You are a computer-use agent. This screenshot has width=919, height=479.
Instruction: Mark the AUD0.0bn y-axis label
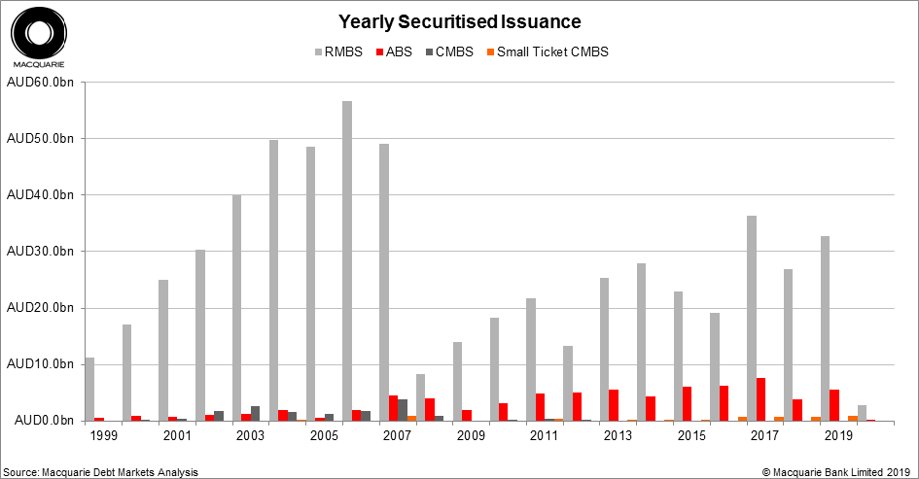pyautogui.click(x=43, y=421)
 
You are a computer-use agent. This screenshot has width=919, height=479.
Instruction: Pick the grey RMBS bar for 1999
pyautogui.click(x=89, y=389)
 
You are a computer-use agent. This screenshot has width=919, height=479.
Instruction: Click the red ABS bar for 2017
pyautogui.click(x=760, y=399)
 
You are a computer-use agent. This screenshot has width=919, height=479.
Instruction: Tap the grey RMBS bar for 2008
pyautogui.click(x=421, y=397)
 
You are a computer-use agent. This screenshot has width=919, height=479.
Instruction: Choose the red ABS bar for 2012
pyautogui.click(x=578, y=406)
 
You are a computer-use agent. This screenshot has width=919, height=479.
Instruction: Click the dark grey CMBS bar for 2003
pyautogui.click(x=255, y=413)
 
